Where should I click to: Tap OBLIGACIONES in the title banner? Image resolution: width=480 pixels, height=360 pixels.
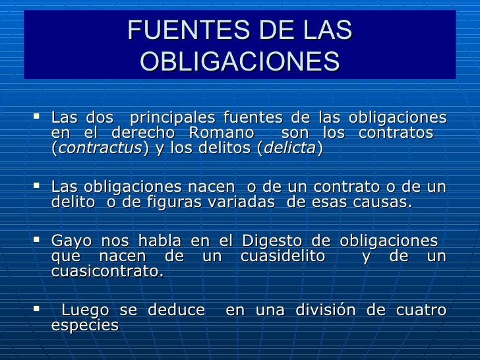[x=240, y=61]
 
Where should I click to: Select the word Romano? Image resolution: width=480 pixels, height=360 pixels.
[x=222, y=133]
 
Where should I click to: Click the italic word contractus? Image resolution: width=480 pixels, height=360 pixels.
[x=100, y=148]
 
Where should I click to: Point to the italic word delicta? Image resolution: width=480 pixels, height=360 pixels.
[x=289, y=148]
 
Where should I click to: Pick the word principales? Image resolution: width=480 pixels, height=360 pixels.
[x=172, y=118]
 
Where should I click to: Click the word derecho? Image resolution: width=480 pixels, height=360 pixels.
[x=143, y=133]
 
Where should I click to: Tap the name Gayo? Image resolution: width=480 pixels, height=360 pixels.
[x=72, y=241]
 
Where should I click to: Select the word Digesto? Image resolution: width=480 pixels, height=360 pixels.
[x=272, y=241]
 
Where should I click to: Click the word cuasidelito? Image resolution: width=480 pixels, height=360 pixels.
[x=283, y=256]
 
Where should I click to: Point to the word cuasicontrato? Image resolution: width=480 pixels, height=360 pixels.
[x=107, y=271]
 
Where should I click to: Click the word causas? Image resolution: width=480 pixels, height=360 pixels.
[x=382, y=202]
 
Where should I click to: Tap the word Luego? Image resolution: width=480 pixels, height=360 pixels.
[x=85, y=311]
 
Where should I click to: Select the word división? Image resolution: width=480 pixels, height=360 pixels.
[x=326, y=309]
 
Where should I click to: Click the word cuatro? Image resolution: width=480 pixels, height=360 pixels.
[x=421, y=310]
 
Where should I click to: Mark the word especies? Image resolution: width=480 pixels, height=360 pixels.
[x=85, y=326]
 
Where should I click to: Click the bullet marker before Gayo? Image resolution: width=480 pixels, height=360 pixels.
[x=36, y=239]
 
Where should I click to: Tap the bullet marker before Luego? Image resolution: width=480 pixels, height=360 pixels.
[x=36, y=309]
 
